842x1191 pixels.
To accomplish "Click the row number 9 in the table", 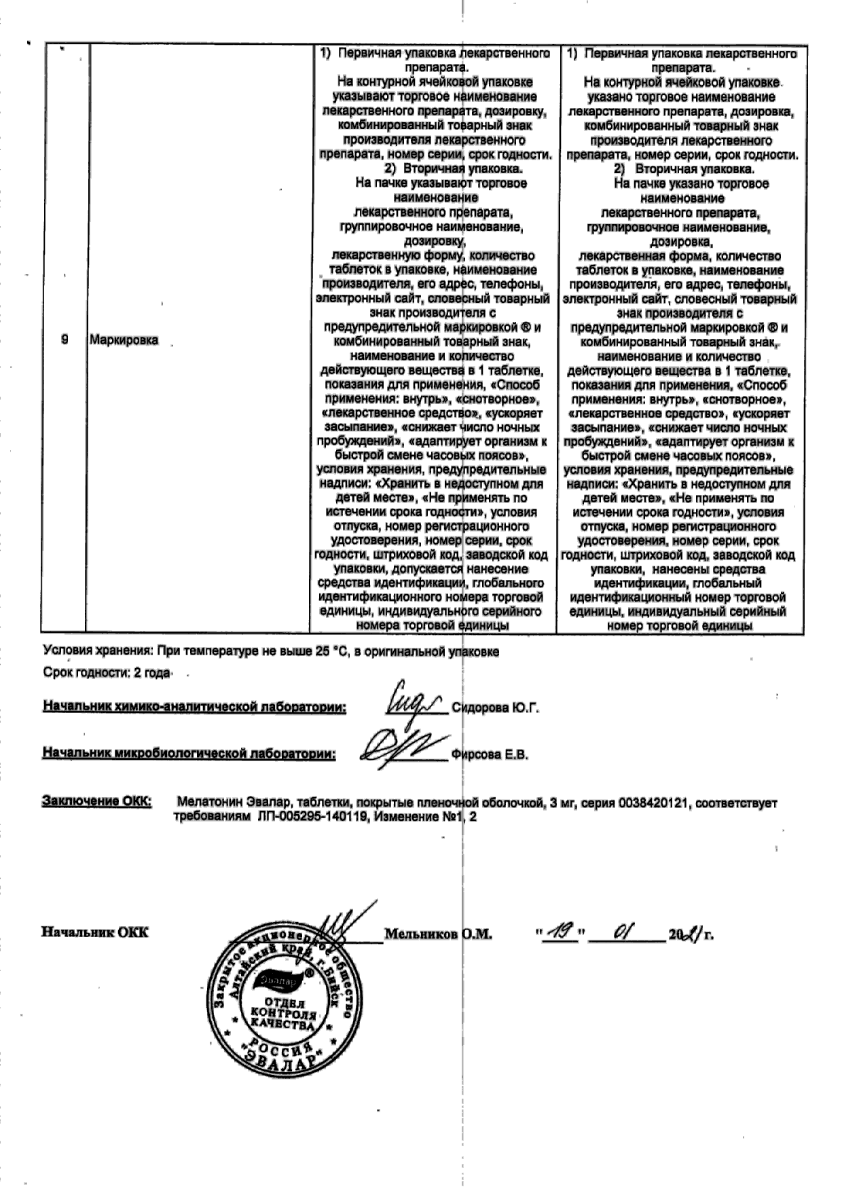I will coord(65,340).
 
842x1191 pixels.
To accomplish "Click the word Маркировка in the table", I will coord(124,340).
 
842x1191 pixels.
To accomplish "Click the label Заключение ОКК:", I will coord(97,802).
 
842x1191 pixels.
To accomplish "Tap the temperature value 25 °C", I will coord(331,652).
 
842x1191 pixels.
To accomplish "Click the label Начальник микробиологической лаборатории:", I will coord(189,754).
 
